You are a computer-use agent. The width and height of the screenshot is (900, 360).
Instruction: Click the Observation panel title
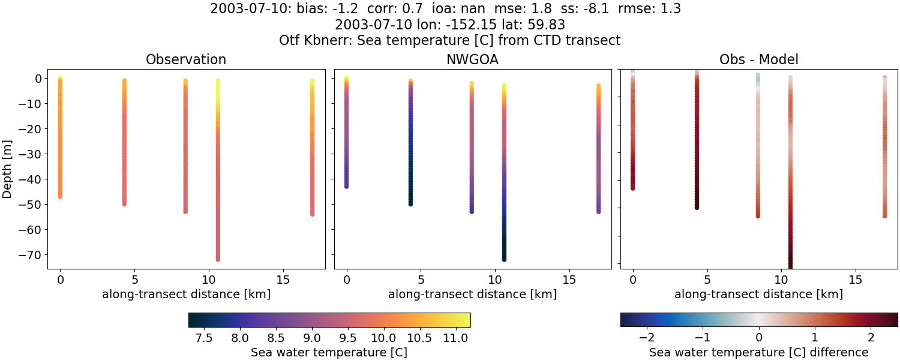186,59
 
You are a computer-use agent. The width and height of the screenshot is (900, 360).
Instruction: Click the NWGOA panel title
472,59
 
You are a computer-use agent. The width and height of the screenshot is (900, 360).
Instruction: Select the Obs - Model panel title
758,59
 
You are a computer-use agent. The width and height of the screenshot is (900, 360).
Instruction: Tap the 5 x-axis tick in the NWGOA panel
421,280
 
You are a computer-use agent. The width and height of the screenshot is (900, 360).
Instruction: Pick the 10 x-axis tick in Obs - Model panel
782,280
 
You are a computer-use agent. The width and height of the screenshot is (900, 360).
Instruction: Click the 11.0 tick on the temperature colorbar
455,338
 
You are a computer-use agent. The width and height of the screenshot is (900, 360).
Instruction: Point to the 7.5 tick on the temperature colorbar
205,338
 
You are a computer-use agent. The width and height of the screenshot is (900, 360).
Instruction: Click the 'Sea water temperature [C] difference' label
758,352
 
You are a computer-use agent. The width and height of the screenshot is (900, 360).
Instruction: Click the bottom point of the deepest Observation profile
218,259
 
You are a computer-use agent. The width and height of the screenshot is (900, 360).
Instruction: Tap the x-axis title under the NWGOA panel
472,294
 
